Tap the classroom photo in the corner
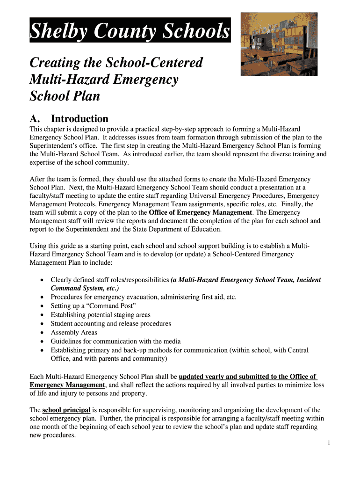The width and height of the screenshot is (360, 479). tap(279, 44)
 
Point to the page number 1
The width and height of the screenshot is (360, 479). tap(329, 443)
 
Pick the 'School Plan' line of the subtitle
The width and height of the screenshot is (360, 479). tap(65, 96)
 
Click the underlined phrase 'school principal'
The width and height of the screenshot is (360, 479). tap(66, 410)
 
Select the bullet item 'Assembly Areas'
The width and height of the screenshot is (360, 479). tap(74, 333)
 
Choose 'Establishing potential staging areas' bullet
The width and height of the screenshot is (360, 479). tap(101, 315)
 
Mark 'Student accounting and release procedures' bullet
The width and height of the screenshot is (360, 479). tap(111, 324)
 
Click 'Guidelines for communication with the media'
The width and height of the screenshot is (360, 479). tap(115, 341)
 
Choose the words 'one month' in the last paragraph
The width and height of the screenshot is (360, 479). tap(44, 427)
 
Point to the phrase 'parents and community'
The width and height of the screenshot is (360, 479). tap(129, 359)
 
